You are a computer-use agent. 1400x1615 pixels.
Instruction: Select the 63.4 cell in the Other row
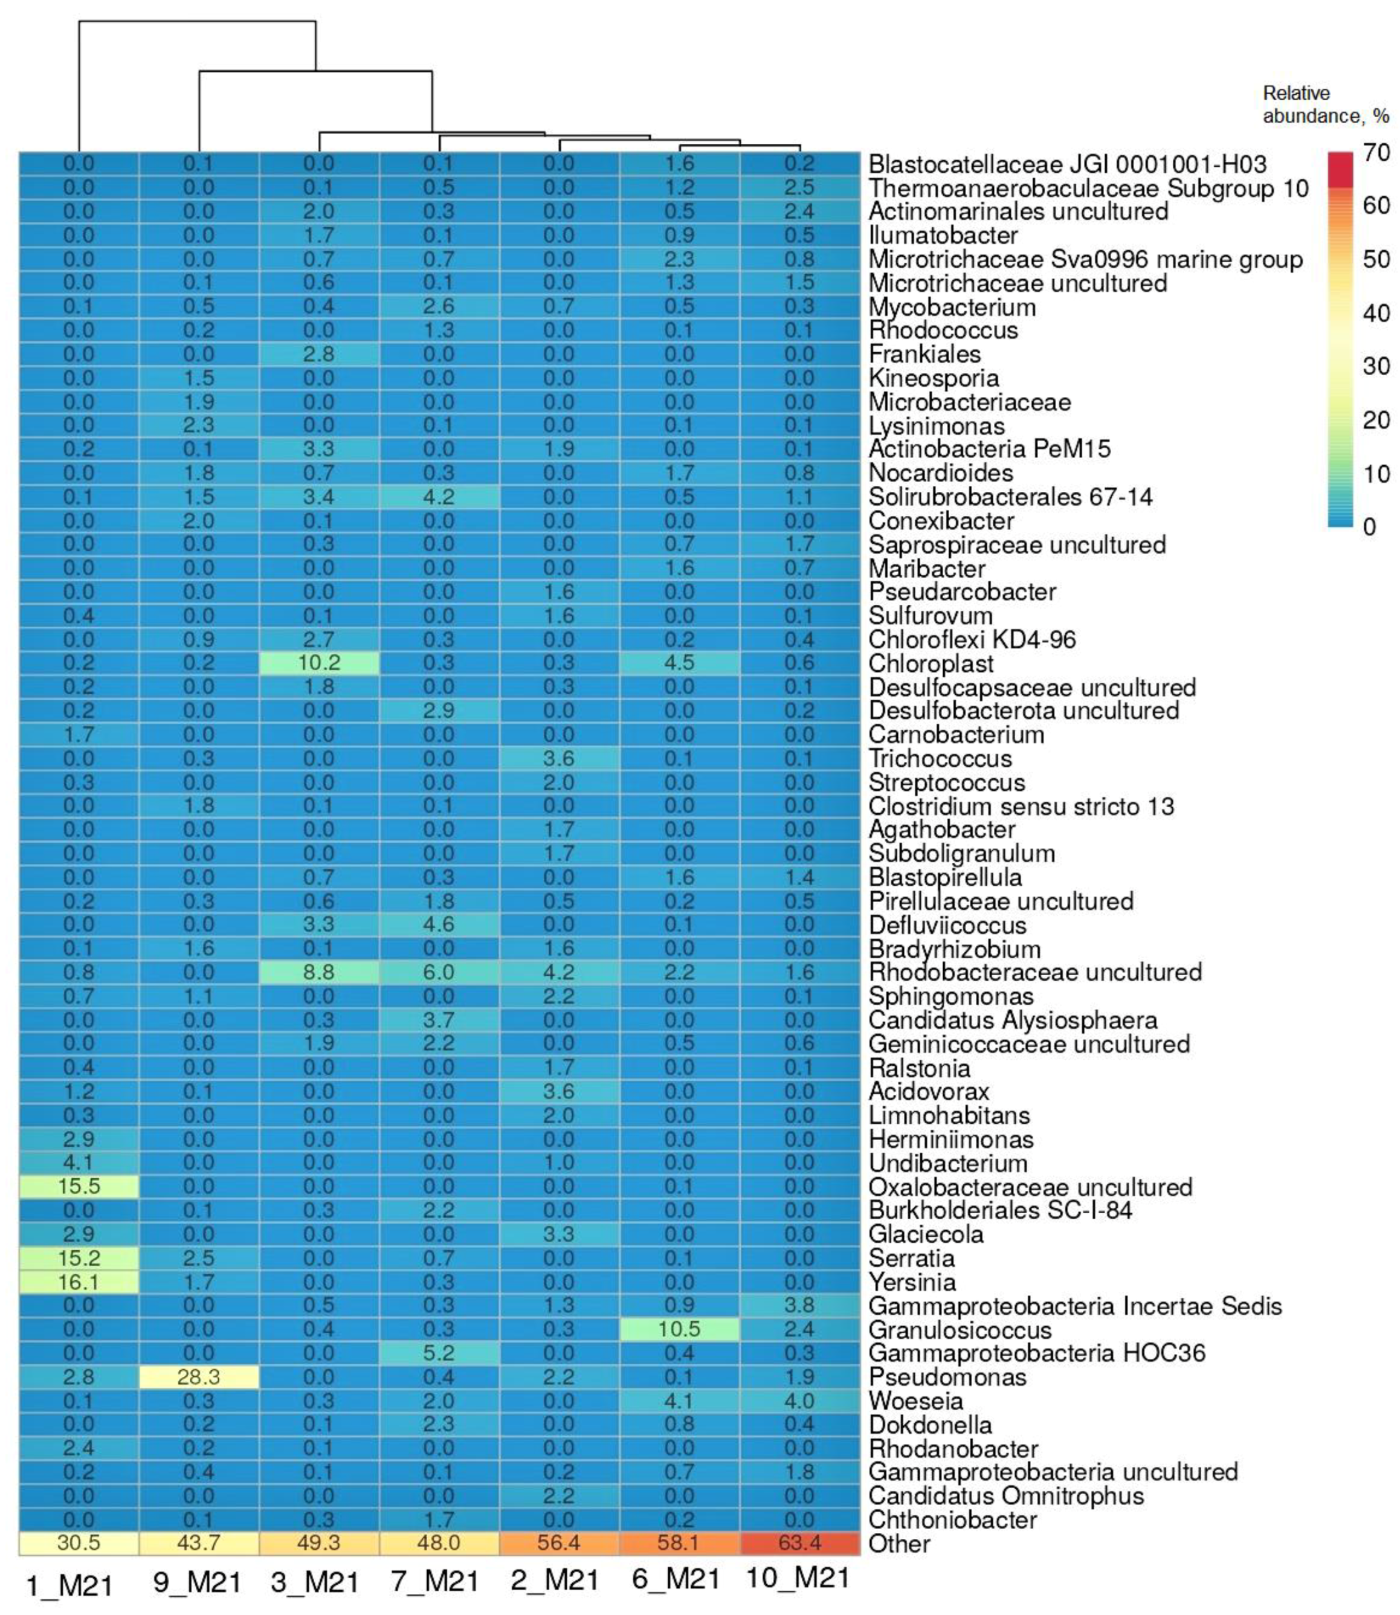tap(799, 1543)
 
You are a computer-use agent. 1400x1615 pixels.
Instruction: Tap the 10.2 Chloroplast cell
tap(319, 663)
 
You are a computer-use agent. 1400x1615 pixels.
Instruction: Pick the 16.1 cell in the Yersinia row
tap(79, 1281)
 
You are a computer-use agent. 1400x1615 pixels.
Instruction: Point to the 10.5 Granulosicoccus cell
tap(679, 1329)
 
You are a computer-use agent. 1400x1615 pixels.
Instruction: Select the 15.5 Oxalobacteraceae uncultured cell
tap(79, 1186)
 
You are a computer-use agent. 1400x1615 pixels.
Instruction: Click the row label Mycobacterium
tap(952, 307)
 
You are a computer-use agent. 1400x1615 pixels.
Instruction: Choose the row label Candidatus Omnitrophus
tap(1006, 1495)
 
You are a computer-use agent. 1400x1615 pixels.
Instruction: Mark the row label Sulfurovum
tap(931, 616)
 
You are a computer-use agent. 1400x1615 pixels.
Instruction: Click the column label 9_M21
tap(197, 1582)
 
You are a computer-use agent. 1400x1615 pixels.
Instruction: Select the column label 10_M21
tap(798, 1578)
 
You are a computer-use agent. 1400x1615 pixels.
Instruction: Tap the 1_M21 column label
tap(69, 1585)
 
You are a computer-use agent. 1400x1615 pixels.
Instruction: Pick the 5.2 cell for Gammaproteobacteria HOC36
tap(439, 1352)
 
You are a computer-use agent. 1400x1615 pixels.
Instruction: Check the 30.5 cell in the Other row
tap(79, 1543)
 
